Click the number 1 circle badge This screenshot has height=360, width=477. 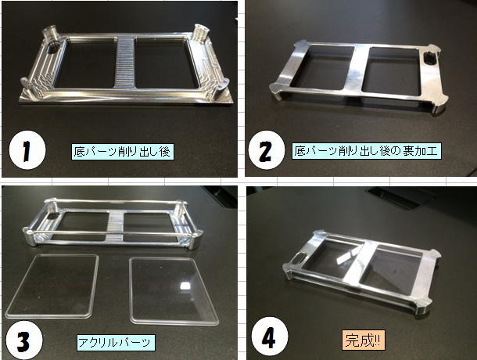(27, 150)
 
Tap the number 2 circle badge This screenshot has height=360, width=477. (267, 149)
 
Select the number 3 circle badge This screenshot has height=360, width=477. (24, 340)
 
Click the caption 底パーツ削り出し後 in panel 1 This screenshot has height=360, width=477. (123, 151)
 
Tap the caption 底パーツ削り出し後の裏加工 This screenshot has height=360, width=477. (367, 151)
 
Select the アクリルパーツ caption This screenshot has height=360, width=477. (116, 342)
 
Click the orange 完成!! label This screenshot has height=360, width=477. (364, 340)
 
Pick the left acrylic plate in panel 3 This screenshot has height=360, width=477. (52, 286)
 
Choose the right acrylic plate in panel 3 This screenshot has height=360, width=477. (174, 291)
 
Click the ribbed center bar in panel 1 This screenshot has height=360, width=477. (125, 62)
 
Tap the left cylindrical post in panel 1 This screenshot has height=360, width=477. (49, 35)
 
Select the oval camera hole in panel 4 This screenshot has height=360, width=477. (298, 259)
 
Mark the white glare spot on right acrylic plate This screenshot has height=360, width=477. (184, 286)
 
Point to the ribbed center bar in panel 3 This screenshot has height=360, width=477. (116, 226)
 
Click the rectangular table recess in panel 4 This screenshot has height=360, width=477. (401, 197)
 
